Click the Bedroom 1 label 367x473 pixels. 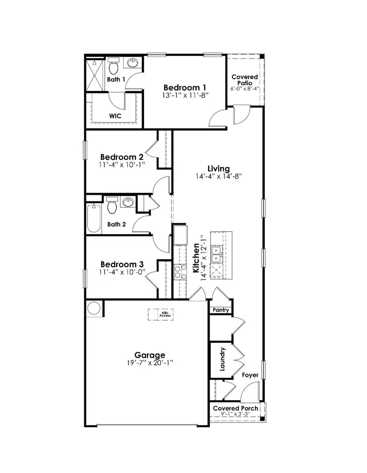(x=185, y=87)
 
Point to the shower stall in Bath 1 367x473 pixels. (x=94, y=75)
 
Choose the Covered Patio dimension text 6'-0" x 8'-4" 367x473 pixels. (x=245, y=88)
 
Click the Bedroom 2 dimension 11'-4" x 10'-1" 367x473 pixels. (x=122, y=165)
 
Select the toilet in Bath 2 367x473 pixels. (x=111, y=206)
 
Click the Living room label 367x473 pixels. (x=219, y=168)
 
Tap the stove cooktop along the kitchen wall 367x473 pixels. (x=180, y=272)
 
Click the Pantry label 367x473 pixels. (x=221, y=310)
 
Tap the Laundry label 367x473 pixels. (x=223, y=359)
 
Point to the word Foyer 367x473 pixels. (x=250, y=375)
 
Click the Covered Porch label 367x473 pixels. (x=235, y=408)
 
